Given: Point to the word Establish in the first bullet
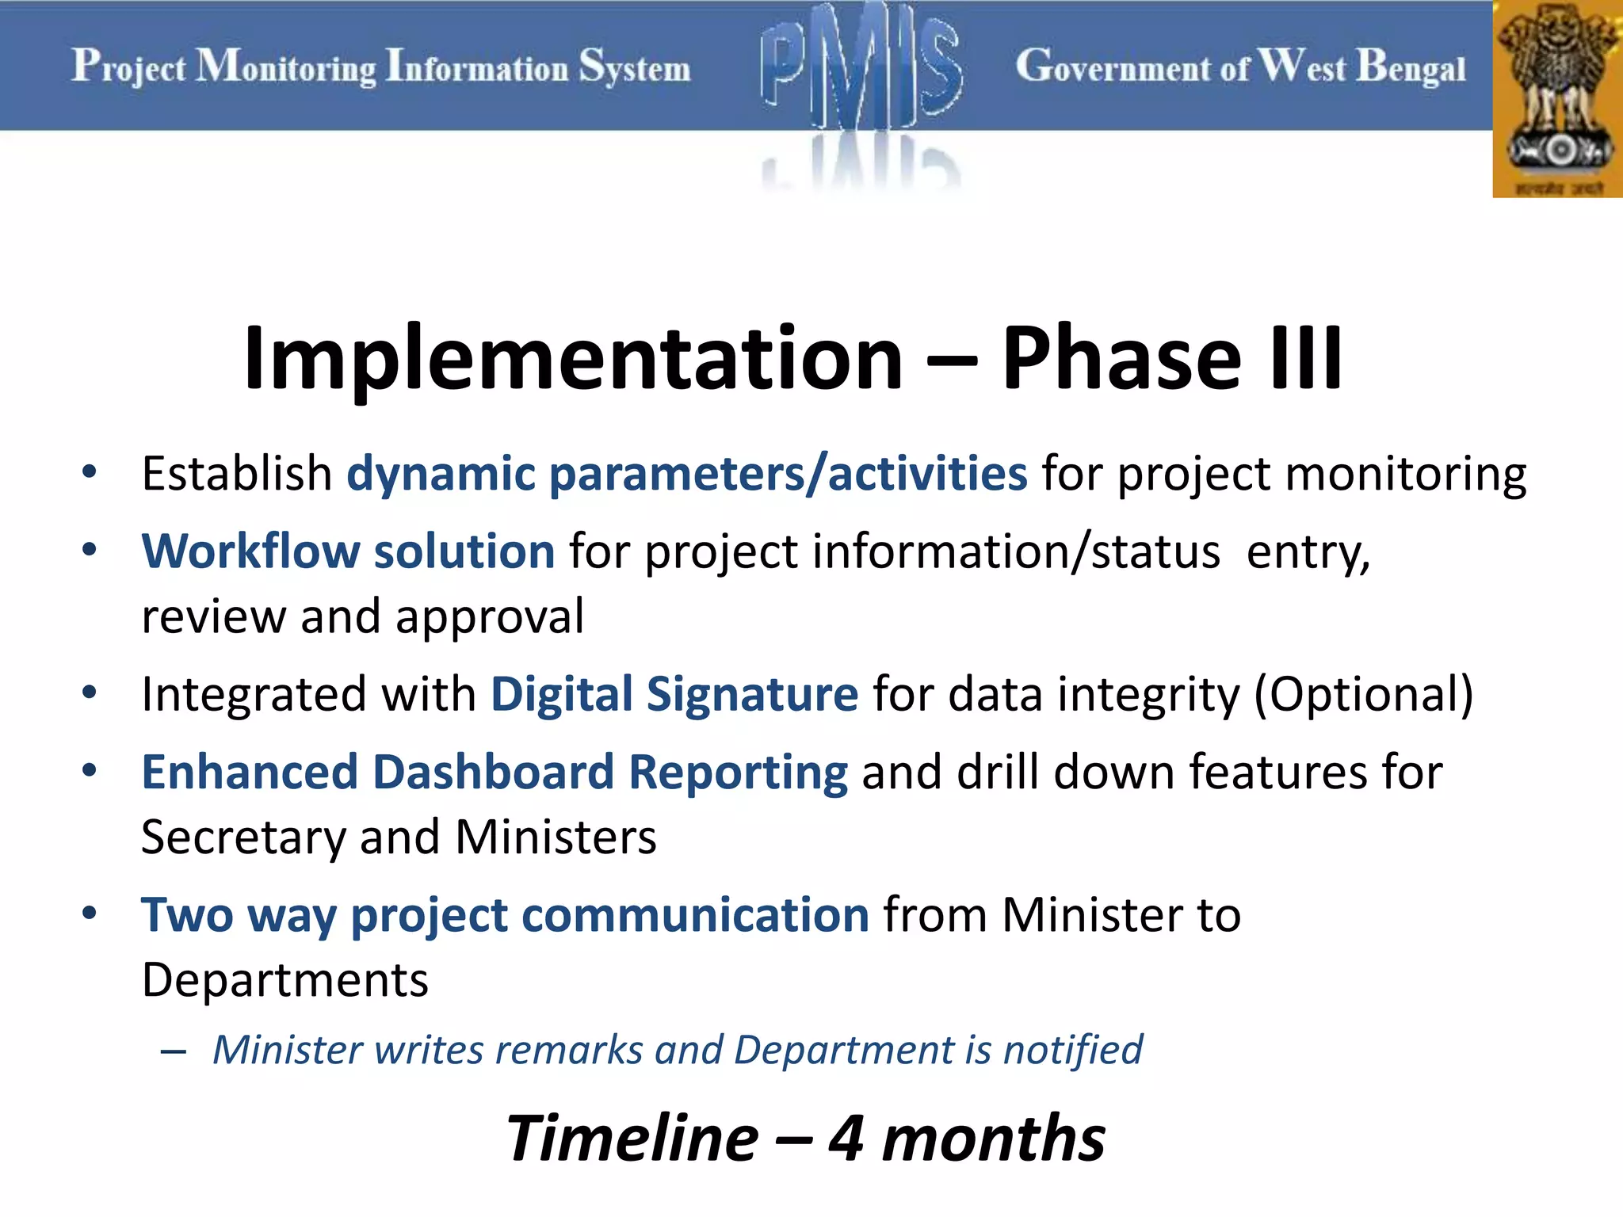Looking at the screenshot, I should coord(236,474).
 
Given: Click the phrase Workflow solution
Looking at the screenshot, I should coord(348,551).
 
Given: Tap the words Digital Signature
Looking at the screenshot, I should coord(674,694).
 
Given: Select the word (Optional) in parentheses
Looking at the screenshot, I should coord(1363,694).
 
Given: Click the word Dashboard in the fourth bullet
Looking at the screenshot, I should coord(493,773).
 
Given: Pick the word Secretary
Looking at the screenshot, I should coord(242,838).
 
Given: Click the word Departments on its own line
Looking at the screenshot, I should coord(285,980).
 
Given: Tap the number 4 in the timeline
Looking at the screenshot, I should coord(846,1139).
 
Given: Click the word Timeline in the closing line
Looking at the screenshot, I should coord(632,1139).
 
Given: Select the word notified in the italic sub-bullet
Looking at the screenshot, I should coord(1073,1051).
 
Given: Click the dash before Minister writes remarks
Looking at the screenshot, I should coord(173,1052).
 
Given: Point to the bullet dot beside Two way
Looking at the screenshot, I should coord(90,913).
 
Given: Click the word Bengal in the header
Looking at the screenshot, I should coord(1411,68).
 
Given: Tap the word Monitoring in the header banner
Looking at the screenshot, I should coord(286,68).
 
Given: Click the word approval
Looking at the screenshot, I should coord(489,617).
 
